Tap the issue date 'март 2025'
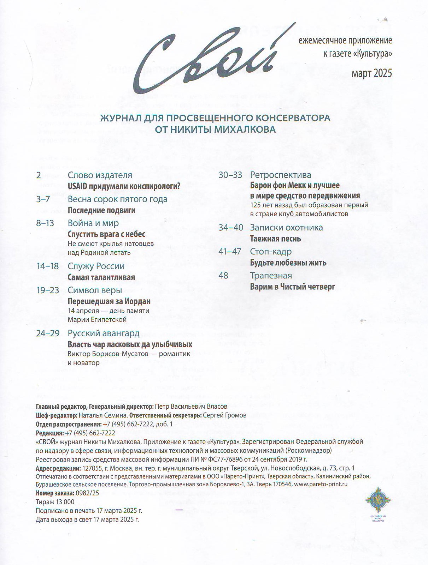click(x=371, y=73)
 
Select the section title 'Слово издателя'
click(x=100, y=175)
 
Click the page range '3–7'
click(x=43, y=199)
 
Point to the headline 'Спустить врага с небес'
click(x=106, y=234)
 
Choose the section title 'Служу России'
click(x=96, y=266)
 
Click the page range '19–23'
click(x=47, y=290)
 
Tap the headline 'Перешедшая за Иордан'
click(x=109, y=301)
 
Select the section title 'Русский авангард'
click(x=104, y=333)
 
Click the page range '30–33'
click(x=230, y=175)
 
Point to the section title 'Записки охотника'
click(x=286, y=228)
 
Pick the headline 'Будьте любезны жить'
click(x=288, y=263)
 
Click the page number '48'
click(x=223, y=275)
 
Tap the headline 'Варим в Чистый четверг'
click(x=292, y=287)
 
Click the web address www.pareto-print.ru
click(x=321, y=484)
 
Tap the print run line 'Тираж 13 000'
click(x=55, y=502)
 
